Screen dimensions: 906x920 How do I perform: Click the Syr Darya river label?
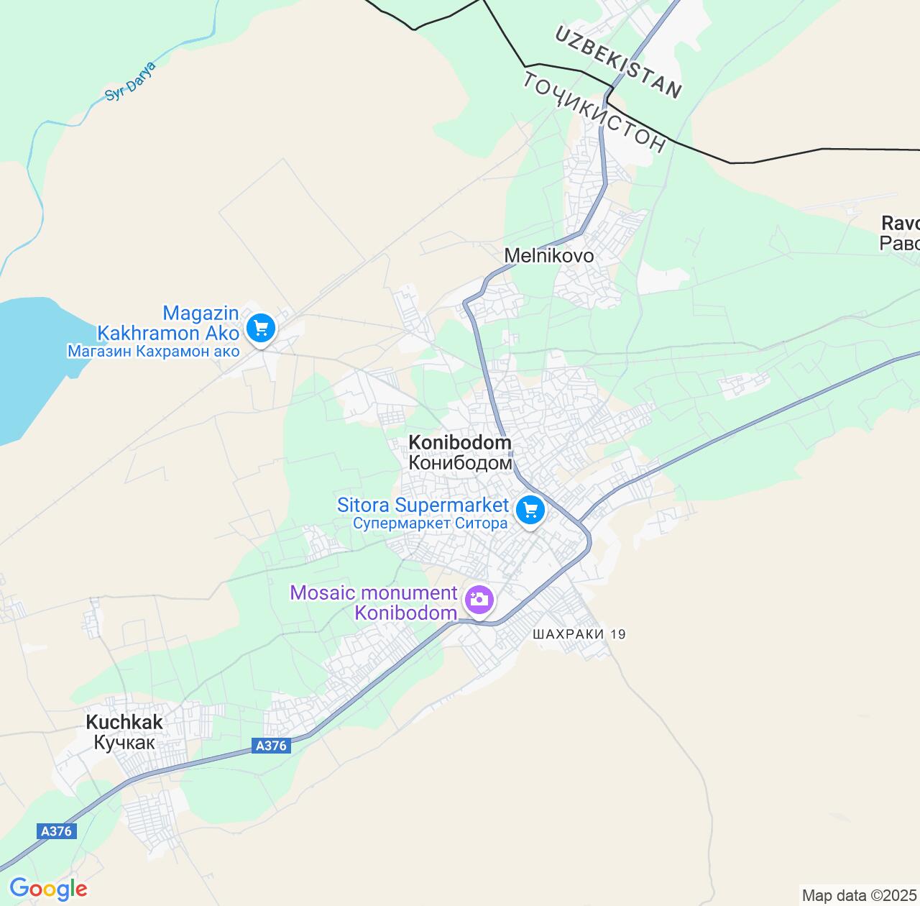click(130, 81)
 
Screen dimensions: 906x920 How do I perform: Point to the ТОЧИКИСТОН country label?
click(594, 111)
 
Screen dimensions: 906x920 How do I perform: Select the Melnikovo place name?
click(548, 255)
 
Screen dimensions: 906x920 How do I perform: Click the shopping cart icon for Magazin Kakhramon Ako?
click(259, 329)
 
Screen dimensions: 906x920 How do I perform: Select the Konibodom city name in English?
click(460, 442)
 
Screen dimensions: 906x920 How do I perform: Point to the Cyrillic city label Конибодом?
click(460, 462)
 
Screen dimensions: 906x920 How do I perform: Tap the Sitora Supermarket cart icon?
click(530, 511)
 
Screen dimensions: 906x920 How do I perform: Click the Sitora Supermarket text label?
click(423, 505)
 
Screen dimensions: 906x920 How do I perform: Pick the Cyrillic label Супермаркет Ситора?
click(430, 523)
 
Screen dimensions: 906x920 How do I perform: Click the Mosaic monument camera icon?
click(479, 598)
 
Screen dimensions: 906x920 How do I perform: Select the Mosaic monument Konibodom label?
click(374, 603)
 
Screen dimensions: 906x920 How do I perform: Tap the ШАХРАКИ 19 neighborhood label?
click(579, 634)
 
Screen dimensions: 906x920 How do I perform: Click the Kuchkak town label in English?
click(124, 722)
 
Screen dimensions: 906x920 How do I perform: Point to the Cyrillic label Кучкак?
click(124, 742)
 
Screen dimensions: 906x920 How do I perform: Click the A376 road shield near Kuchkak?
click(272, 746)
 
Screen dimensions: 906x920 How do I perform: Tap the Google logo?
click(47, 889)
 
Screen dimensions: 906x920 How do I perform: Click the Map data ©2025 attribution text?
click(860, 896)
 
